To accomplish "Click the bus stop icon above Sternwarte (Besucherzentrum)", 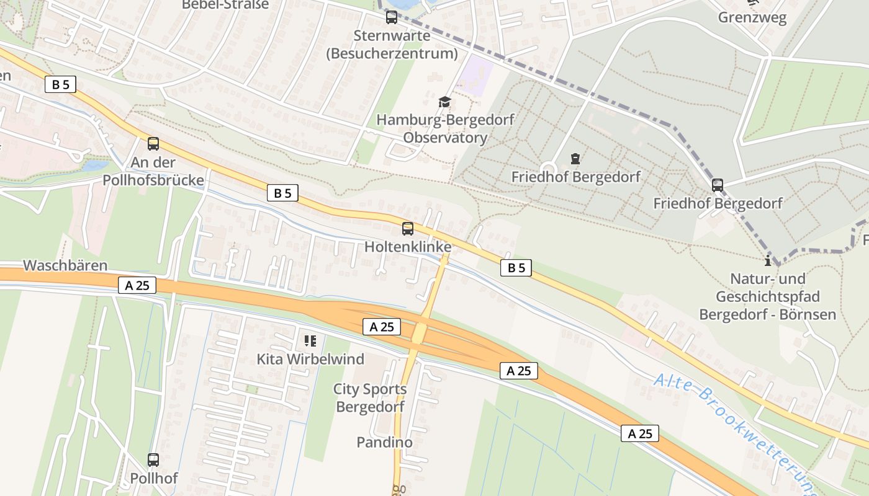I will (391, 17).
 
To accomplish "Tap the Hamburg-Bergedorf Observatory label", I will (445, 128).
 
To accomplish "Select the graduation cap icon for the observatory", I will (444, 102).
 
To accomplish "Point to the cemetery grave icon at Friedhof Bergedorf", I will (575, 159).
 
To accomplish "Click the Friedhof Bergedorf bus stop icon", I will (718, 185).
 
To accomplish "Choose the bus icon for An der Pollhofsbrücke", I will (153, 144).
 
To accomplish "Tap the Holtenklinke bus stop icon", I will (408, 228).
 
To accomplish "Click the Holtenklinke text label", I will (408, 247).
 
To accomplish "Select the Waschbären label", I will (65, 265).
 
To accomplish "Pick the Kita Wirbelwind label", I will (310, 359).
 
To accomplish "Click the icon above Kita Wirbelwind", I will (310, 340).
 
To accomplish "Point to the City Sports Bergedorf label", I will (370, 398).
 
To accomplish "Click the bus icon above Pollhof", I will (153, 460).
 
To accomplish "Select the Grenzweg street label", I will (752, 17).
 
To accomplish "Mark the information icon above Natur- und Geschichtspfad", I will (768, 260).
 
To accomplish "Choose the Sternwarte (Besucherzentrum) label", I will (392, 45).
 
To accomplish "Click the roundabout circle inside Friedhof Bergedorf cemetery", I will (548, 168).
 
